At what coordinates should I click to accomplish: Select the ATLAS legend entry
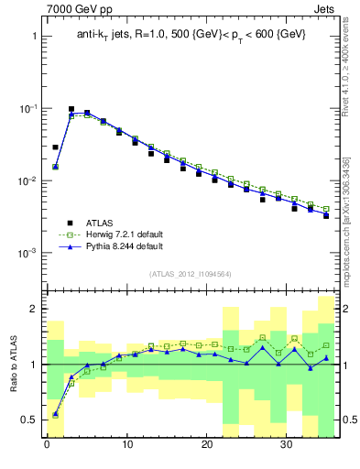[102, 222]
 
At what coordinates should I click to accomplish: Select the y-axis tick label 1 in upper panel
[32, 37]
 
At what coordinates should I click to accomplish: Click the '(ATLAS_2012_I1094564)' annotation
[191, 273]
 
